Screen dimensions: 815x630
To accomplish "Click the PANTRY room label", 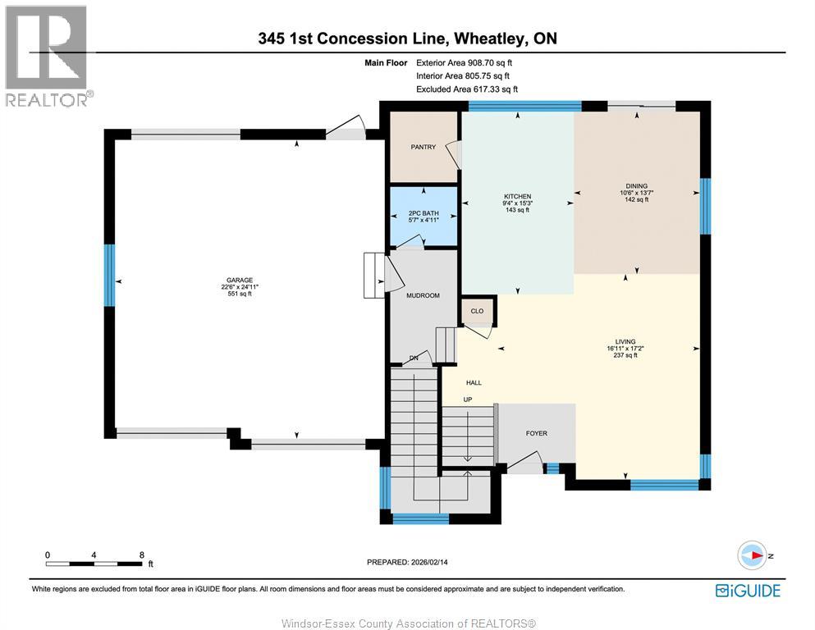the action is click(423, 147).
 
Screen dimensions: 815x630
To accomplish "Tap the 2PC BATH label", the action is click(424, 213).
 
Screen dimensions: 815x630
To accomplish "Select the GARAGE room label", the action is click(240, 280).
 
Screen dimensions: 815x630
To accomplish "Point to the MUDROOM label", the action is click(423, 295).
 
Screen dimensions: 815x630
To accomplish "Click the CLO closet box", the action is click(477, 311).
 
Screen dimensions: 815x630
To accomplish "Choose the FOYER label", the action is click(537, 433).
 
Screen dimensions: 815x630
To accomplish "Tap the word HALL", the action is click(474, 383).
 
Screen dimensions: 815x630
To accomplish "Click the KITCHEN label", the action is click(517, 196).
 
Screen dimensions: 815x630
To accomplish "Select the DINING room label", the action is click(637, 186).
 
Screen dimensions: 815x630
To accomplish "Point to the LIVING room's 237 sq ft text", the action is click(625, 355).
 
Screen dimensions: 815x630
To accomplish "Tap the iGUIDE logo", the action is click(748, 591).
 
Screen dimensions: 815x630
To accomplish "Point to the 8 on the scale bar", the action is click(141, 555).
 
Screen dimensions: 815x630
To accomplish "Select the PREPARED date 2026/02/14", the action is click(429, 562).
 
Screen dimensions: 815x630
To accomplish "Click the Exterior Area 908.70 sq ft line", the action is click(465, 63).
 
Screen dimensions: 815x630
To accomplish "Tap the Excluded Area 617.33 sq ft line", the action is click(467, 89).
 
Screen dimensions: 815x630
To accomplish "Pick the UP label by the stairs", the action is click(468, 399).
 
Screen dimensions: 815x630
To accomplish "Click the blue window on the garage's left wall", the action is click(109, 276).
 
